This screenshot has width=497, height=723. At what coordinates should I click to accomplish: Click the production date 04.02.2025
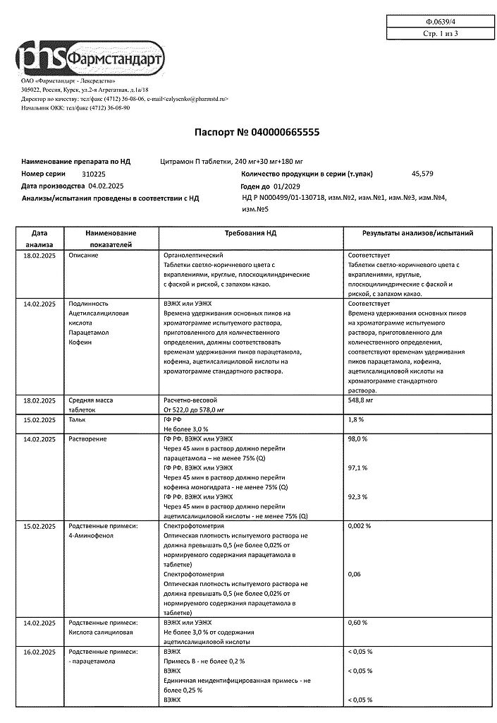click(x=106, y=186)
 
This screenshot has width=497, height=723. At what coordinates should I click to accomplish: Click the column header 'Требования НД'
click(x=250, y=233)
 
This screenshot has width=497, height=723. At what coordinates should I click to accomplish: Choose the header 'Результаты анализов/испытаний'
click(x=417, y=233)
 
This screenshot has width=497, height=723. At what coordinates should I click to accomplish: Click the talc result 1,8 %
click(x=356, y=419)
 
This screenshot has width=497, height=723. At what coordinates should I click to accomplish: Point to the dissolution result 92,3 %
click(x=358, y=497)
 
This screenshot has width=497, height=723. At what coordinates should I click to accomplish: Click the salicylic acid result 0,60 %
click(x=358, y=623)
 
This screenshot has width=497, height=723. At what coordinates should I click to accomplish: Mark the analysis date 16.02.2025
click(x=39, y=652)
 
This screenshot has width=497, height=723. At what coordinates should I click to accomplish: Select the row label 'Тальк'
click(x=78, y=419)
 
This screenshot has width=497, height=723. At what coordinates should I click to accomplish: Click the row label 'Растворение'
click(x=88, y=439)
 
